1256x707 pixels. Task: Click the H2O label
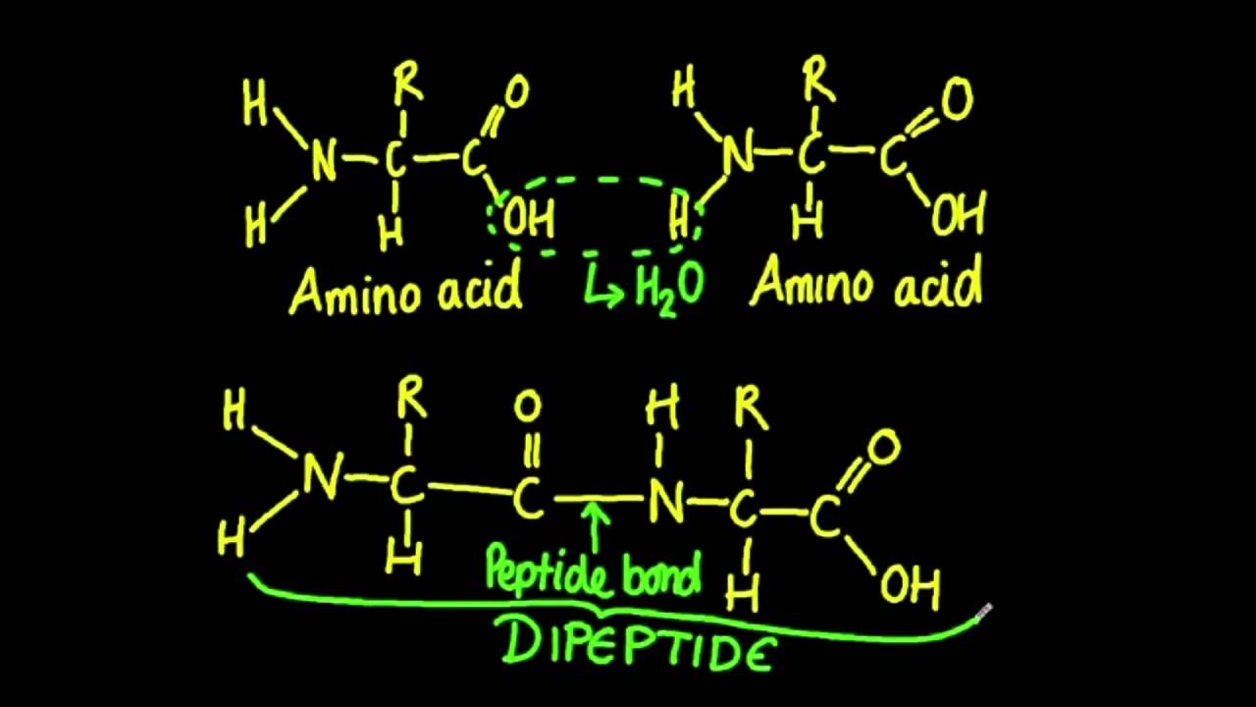click(669, 288)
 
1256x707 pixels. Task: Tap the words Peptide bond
click(595, 572)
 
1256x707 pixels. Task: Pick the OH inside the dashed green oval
click(529, 218)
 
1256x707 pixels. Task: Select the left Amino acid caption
click(404, 291)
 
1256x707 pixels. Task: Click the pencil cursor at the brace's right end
click(983, 613)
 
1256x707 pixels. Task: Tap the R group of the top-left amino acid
click(408, 85)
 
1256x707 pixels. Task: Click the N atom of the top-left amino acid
click(323, 159)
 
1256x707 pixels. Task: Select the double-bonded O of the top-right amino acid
click(955, 100)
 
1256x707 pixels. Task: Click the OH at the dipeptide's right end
click(910, 586)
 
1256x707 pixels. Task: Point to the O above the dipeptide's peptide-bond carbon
click(528, 405)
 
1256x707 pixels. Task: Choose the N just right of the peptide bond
click(664, 503)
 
